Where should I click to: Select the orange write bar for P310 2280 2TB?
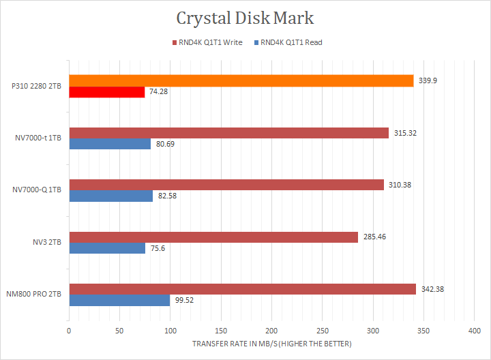241,80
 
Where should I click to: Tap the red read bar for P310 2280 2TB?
106,92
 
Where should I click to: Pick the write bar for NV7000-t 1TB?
228,132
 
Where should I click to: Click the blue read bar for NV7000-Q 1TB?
110,196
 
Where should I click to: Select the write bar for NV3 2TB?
213,237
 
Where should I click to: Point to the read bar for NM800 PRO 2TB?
119,300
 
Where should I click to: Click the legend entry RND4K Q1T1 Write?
209,42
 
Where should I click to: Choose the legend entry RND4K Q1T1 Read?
288,42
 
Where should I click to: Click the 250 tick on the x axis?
322,331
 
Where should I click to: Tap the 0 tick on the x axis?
69,331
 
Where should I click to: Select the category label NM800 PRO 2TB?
35,294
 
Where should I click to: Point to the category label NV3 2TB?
46,242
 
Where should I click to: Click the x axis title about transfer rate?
271,344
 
